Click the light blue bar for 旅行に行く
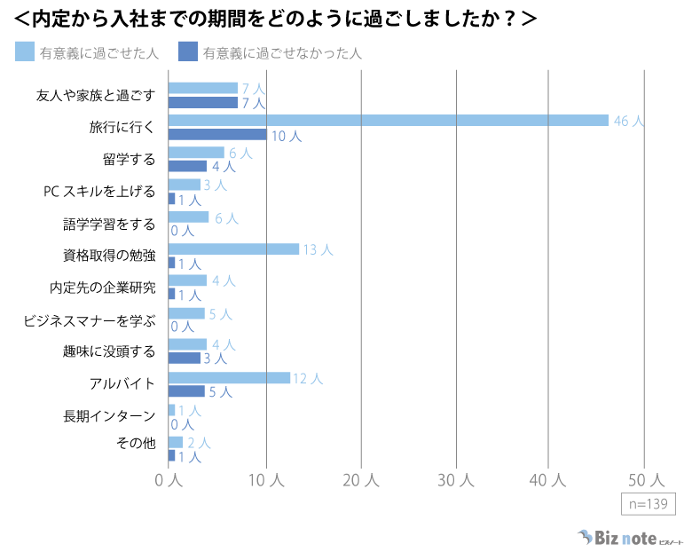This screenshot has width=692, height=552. (x=388, y=121)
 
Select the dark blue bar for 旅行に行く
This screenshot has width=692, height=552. (x=217, y=135)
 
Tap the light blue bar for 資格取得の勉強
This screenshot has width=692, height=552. (x=233, y=249)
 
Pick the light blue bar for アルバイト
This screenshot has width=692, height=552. (x=229, y=378)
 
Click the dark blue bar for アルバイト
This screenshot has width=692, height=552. (x=186, y=391)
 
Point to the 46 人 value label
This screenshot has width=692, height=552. (x=629, y=121)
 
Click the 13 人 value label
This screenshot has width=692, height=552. (x=318, y=250)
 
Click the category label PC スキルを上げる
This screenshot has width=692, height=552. (x=99, y=191)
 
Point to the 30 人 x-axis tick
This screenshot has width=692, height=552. (x=456, y=479)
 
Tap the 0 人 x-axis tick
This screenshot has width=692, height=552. (x=169, y=479)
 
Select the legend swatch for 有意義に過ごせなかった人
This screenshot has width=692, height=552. (x=188, y=52)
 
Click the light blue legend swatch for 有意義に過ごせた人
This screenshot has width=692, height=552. (x=25, y=52)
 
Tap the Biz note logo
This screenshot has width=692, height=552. (x=617, y=537)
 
